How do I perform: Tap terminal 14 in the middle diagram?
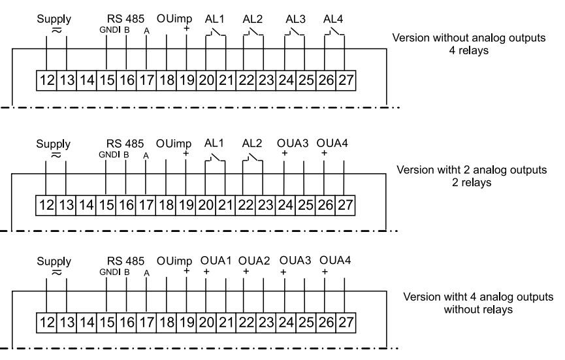[86, 206]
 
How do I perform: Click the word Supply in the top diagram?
[54, 18]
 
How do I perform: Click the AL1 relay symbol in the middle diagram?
[216, 157]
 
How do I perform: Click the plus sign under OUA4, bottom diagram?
[325, 270]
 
